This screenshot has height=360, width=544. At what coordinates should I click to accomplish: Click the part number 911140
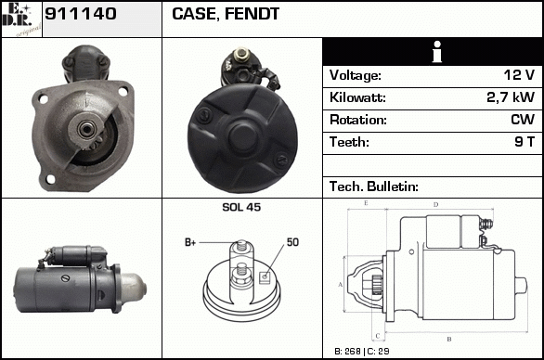click(81, 14)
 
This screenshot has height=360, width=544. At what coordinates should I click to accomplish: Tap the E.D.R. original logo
click(21, 19)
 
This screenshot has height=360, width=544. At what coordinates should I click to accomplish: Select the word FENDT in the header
click(252, 14)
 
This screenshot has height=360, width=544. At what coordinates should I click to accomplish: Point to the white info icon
click(437, 52)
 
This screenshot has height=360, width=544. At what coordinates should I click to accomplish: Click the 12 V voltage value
click(519, 75)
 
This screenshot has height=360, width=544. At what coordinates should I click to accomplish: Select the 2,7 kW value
click(511, 97)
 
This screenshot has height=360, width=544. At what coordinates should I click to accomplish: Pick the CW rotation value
click(523, 120)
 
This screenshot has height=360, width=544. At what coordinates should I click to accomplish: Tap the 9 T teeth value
click(525, 142)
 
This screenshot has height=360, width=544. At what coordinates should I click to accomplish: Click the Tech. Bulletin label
click(374, 186)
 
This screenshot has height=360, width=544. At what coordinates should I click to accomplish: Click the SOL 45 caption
click(241, 207)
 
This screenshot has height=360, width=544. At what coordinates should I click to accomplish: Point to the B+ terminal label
click(190, 242)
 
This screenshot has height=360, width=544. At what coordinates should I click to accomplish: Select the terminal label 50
click(292, 242)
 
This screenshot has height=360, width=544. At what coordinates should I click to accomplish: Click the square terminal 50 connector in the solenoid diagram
click(266, 277)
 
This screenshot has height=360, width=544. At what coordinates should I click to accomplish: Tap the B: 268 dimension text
click(347, 352)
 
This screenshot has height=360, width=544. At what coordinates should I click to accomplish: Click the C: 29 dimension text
click(378, 352)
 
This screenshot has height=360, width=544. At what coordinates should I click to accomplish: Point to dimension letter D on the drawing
click(436, 205)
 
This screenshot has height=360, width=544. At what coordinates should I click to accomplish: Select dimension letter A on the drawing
click(341, 285)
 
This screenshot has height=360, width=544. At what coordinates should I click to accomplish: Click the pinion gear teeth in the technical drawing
click(377, 285)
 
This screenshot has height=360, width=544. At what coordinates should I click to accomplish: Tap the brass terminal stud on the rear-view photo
click(242, 55)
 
